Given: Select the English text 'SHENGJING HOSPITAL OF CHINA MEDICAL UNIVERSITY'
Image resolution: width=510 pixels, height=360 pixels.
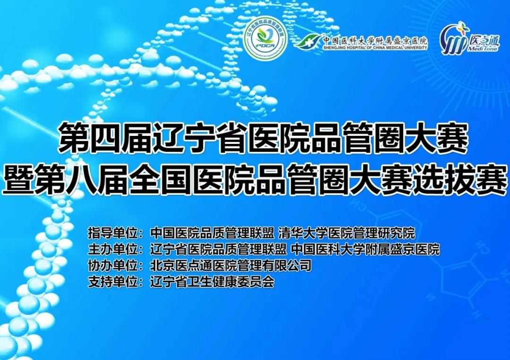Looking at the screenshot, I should [375, 48].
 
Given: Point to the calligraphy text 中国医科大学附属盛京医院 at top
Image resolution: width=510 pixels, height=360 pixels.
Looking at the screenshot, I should [375, 40].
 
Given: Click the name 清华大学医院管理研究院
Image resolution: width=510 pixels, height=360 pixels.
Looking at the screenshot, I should [347, 233].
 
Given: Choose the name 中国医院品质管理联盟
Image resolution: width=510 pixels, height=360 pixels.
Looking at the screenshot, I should [212, 233].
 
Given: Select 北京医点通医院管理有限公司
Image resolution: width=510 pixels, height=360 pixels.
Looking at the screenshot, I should [231, 266].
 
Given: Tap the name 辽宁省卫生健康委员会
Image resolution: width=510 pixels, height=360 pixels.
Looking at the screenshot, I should [212, 282].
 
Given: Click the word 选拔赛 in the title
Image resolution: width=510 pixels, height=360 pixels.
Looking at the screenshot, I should [465, 180].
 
